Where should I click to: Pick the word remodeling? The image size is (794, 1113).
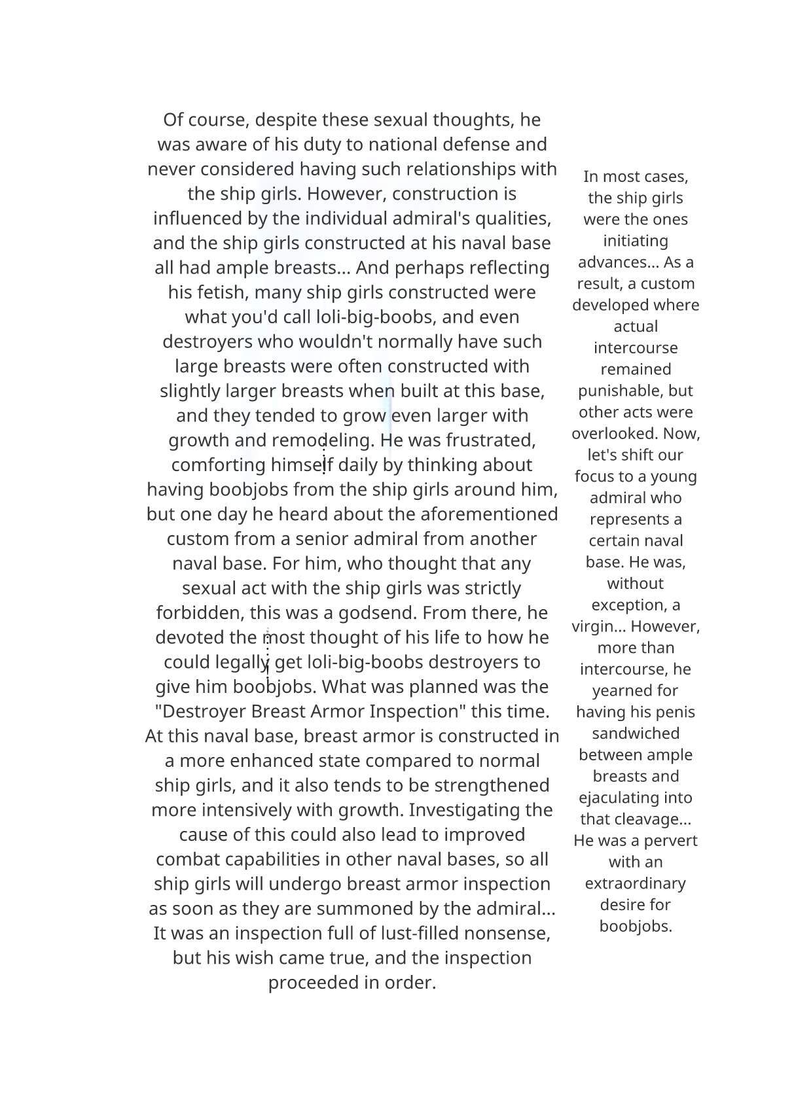coord(323,440)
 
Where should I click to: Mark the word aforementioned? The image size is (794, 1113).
coord(488,514)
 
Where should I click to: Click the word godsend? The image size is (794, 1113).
coord(378,613)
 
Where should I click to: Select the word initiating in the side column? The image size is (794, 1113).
coord(636,241)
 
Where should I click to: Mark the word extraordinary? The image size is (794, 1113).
coord(636,883)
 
